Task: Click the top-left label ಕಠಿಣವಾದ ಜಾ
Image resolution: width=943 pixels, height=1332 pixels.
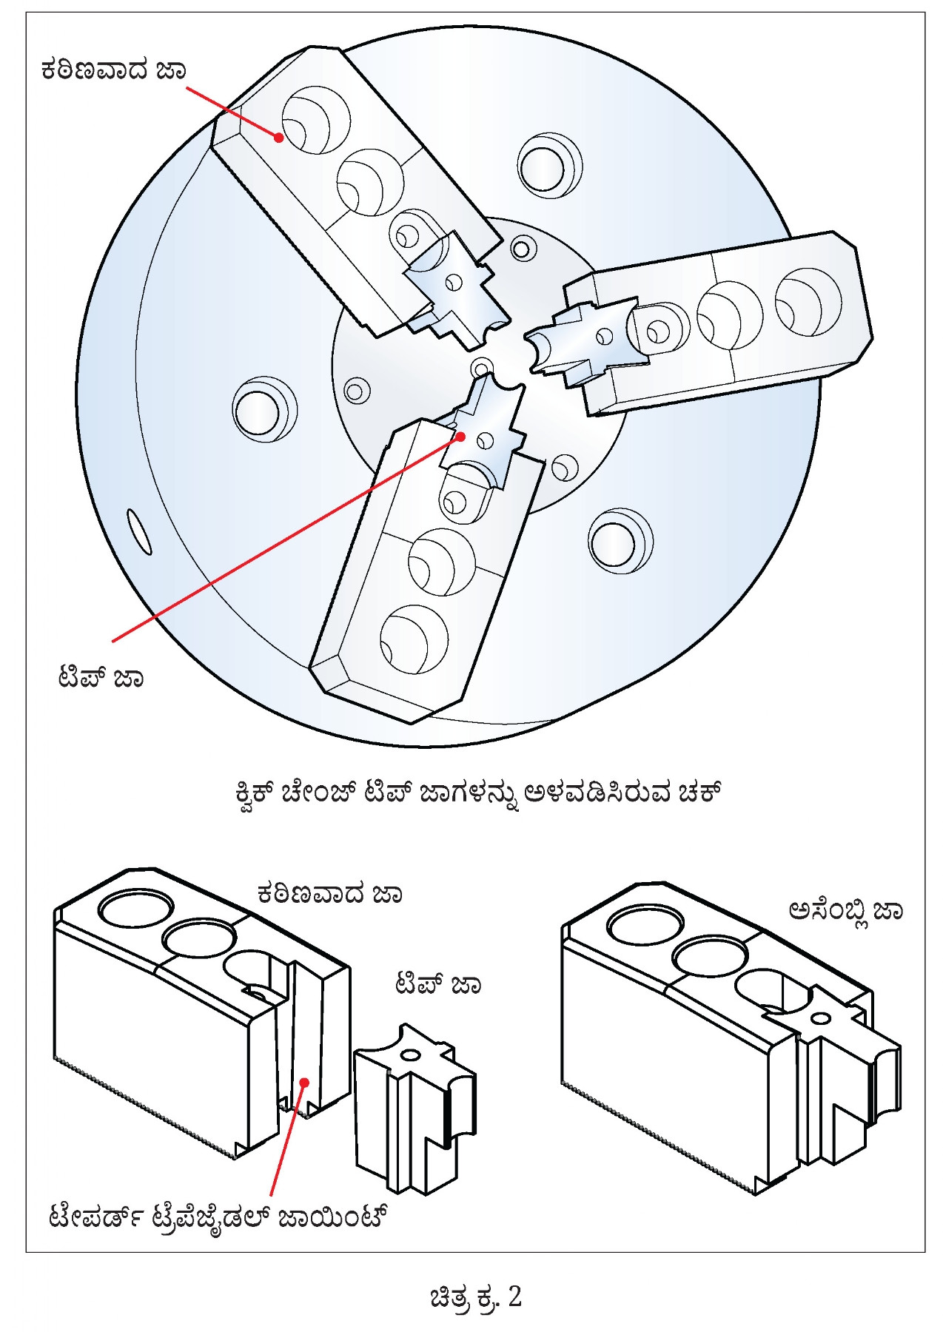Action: click(x=113, y=70)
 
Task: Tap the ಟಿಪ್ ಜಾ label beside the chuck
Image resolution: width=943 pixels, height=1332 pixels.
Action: click(x=101, y=677)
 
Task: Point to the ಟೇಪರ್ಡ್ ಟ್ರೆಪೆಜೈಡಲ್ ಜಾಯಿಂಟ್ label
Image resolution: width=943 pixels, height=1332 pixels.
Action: click(x=219, y=1217)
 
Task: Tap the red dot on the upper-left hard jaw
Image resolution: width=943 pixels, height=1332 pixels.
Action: click(x=279, y=137)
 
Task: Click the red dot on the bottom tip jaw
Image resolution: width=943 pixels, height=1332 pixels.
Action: click(x=460, y=437)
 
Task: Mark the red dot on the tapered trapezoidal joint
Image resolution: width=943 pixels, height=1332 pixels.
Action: click(x=303, y=1083)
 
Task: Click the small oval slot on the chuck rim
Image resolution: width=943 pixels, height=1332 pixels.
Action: click(x=139, y=531)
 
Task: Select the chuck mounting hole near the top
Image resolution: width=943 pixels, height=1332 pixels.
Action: click(x=548, y=165)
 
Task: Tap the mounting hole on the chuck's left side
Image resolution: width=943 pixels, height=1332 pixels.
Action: click(x=263, y=408)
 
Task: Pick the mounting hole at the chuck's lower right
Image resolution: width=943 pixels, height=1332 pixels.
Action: click(x=619, y=540)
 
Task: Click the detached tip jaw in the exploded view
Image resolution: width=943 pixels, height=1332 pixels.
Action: click(x=415, y=1106)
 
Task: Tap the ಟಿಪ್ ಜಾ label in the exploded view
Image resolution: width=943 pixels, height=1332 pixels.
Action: click(x=437, y=984)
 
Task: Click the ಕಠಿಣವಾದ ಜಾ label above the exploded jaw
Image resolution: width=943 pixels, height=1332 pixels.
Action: click(x=329, y=894)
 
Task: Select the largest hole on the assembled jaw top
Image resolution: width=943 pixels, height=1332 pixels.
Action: click(x=644, y=924)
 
